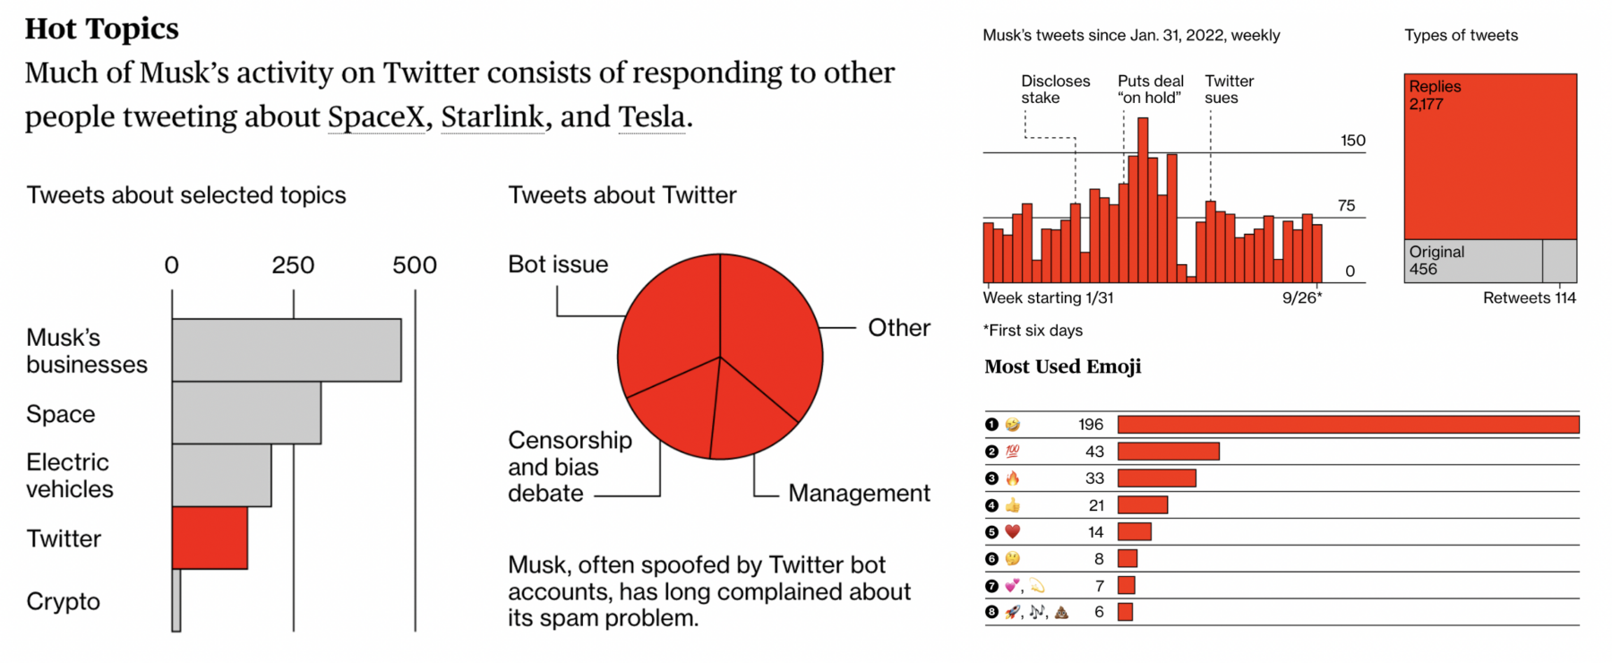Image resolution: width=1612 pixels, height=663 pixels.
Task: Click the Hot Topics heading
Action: [102, 30]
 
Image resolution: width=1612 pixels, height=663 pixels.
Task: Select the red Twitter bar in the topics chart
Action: [210, 538]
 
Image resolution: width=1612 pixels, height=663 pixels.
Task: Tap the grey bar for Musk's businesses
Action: [287, 350]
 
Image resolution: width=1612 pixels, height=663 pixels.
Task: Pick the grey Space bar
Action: [246, 413]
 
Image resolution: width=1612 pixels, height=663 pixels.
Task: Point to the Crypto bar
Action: [176, 600]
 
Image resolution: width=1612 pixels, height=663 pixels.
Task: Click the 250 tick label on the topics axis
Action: [293, 265]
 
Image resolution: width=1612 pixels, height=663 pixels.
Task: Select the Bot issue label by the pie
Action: [558, 264]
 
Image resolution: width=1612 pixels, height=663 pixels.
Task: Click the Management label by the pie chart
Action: [859, 493]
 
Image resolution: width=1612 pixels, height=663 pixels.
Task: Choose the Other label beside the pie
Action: [899, 328]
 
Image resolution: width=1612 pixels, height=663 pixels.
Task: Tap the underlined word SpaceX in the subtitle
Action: [376, 116]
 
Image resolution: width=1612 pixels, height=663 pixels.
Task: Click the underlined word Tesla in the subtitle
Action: [653, 116]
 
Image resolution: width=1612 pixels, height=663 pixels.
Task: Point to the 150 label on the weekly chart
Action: [1352, 141]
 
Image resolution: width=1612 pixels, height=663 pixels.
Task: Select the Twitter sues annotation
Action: [1229, 89]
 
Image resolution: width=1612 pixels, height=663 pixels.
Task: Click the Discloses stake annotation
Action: [1055, 89]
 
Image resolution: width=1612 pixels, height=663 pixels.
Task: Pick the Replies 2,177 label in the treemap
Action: [1435, 95]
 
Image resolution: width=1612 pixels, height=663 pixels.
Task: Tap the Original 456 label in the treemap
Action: [1436, 261]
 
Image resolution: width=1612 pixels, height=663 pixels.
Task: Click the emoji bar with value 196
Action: [1348, 425]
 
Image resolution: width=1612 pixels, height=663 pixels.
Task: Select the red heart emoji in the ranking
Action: [1013, 532]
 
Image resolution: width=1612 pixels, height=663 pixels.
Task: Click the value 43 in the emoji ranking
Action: [1094, 452]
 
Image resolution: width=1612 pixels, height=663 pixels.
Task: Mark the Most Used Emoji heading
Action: [1063, 366]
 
